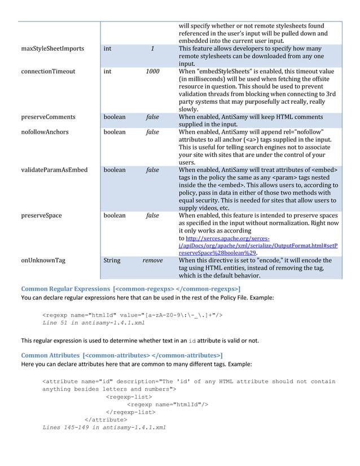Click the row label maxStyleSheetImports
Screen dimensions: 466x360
click(52, 49)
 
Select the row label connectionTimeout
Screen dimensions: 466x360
click(48, 72)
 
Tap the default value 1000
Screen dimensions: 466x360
click(152, 72)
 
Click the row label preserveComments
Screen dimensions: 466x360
click(49, 117)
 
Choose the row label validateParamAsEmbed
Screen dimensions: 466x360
click(54, 170)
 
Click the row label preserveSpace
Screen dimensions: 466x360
click(41, 216)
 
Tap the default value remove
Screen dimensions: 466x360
click(152, 261)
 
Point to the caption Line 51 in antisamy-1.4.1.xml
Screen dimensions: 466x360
click(94, 323)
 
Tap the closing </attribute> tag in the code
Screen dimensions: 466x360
click(106, 419)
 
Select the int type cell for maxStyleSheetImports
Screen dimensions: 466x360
click(107, 49)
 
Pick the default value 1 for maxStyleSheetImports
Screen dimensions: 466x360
click(152, 49)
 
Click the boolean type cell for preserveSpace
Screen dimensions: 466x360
click(115, 216)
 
